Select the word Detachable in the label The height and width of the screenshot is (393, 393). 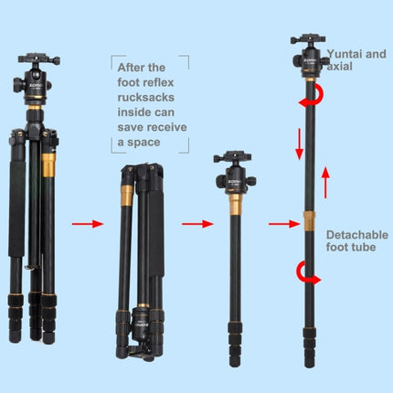tap(356, 234)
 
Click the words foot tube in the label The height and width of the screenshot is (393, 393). tap(351, 248)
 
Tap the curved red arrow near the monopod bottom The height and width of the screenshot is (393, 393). tap(302, 271)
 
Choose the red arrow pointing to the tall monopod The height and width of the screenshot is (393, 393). tap(278, 222)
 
